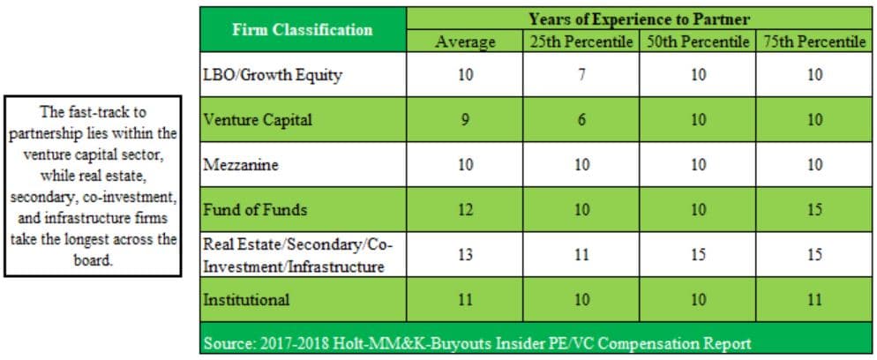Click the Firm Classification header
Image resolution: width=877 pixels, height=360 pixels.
point(304,30)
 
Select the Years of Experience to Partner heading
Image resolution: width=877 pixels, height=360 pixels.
point(640,19)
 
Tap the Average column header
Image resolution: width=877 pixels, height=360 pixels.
point(465,42)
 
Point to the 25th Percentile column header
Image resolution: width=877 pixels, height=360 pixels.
point(581,42)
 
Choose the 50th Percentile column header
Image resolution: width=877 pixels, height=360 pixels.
point(698,42)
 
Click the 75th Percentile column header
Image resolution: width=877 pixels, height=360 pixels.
point(814,42)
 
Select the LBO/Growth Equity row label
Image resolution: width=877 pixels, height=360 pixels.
point(273,76)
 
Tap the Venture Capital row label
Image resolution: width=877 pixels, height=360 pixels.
point(258,120)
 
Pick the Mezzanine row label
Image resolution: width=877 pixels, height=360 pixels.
point(241,165)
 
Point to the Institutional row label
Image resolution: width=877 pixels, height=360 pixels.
point(247,300)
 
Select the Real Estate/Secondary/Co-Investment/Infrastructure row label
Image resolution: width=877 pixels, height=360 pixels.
point(295,256)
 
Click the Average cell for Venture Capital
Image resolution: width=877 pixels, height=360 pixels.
point(465,120)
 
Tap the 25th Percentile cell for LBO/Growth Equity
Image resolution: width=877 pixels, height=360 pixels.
point(581,75)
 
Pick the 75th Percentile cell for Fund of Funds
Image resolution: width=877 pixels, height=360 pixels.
point(814,210)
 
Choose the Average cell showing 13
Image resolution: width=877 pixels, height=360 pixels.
point(465,255)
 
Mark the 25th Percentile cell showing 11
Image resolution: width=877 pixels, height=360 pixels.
point(581,255)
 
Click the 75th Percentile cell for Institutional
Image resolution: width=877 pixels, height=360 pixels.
point(814,300)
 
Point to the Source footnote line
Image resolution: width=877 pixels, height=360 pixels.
point(477,342)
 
